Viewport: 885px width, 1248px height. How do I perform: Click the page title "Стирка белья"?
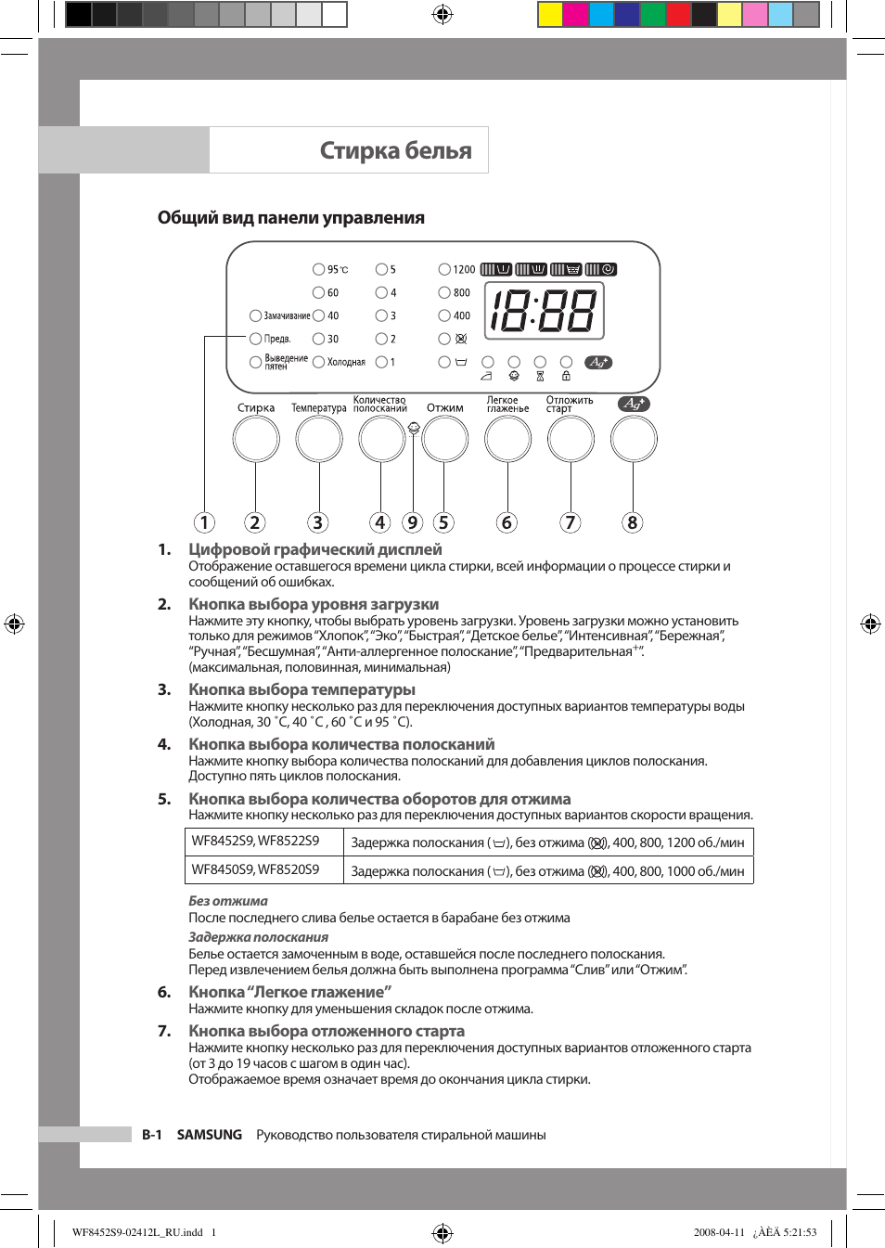(x=395, y=150)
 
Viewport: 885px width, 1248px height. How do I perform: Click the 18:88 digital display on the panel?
(x=544, y=311)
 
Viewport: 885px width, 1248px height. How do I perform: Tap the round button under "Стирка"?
(x=256, y=439)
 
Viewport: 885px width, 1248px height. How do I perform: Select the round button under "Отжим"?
(x=445, y=439)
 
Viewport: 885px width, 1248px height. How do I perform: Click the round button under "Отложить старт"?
(x=571, y=439)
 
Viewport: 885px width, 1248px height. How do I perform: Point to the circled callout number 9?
(x=413, y=522)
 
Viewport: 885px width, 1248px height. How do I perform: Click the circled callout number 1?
(x=204, y=522)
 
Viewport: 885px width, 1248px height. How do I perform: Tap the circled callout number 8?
(x=633, y=522)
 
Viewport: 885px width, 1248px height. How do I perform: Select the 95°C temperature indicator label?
(x=337, y=269)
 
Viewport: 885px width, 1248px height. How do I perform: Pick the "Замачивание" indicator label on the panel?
(x=287, y=315)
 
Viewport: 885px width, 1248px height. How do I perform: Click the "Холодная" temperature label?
(x=346, y=362)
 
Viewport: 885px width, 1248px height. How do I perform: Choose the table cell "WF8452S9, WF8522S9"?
(x=255, y=842)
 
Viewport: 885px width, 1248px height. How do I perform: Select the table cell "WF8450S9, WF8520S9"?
(x=255, y=870)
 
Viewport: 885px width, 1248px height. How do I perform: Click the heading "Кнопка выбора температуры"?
(x=301, y=689)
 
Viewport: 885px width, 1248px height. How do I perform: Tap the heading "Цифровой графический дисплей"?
(x=315, y=549)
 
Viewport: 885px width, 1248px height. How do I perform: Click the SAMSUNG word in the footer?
(x=210, y=1135)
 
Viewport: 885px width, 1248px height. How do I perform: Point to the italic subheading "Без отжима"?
(x=228, y=901)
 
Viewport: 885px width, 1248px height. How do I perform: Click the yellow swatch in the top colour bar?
(x=550, y=14)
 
